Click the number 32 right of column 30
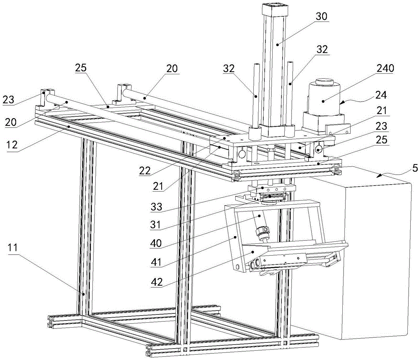pyautogui.click(x=321, y=49)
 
